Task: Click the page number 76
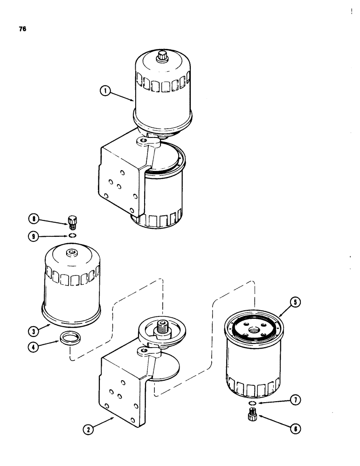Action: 22,29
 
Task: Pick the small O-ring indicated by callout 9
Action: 71,236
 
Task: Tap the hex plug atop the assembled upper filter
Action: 162,56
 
